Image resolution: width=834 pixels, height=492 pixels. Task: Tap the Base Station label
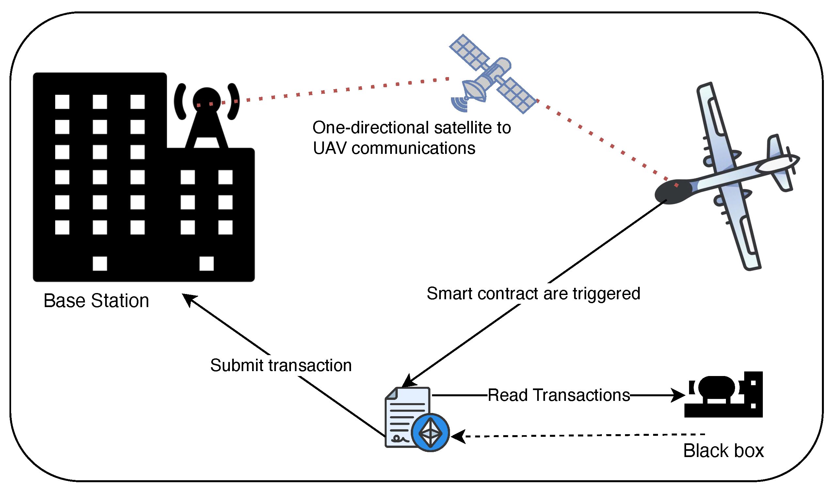(96, 301)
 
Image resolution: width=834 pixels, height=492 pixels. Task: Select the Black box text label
(723, 451)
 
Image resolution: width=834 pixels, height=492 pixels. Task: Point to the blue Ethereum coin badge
(430, 433)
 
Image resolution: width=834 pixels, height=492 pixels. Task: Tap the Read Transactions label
(559, 396)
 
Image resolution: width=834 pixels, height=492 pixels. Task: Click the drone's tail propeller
(792, 161)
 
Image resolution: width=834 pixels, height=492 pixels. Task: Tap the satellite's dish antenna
(474, 91)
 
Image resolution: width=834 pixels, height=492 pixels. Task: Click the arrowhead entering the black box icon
(679, 396)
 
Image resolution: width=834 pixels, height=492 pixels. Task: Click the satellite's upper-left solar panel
(469, 53)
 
